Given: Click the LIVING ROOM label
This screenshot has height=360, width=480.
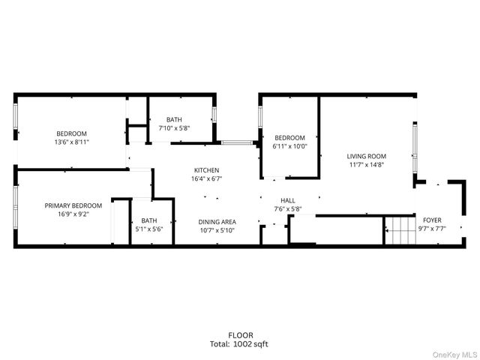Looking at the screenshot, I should click(365, 156).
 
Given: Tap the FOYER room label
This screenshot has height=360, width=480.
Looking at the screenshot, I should click(432, 220).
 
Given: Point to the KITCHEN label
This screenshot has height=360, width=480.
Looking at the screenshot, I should click(207, 170).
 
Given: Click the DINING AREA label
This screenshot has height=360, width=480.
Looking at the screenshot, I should click(217, 222).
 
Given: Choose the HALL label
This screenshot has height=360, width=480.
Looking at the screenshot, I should click(288, 200).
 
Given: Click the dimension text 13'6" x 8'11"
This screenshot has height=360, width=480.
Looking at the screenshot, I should click(70, 142).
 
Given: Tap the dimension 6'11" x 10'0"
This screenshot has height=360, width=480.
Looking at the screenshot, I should click(289, 146).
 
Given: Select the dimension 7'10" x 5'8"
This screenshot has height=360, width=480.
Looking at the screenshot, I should click(174, 128).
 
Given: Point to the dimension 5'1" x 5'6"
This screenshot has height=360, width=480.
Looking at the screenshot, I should click(149, 229).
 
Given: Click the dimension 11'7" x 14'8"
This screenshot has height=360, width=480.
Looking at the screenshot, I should click(365, 165).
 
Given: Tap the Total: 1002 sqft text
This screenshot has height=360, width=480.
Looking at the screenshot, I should click(241, 344).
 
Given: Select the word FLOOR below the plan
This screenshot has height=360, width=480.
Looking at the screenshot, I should click(241, 335).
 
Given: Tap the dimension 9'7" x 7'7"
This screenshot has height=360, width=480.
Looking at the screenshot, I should click(432, 229).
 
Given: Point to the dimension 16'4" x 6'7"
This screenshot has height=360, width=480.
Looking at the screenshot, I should click(207, 179).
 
